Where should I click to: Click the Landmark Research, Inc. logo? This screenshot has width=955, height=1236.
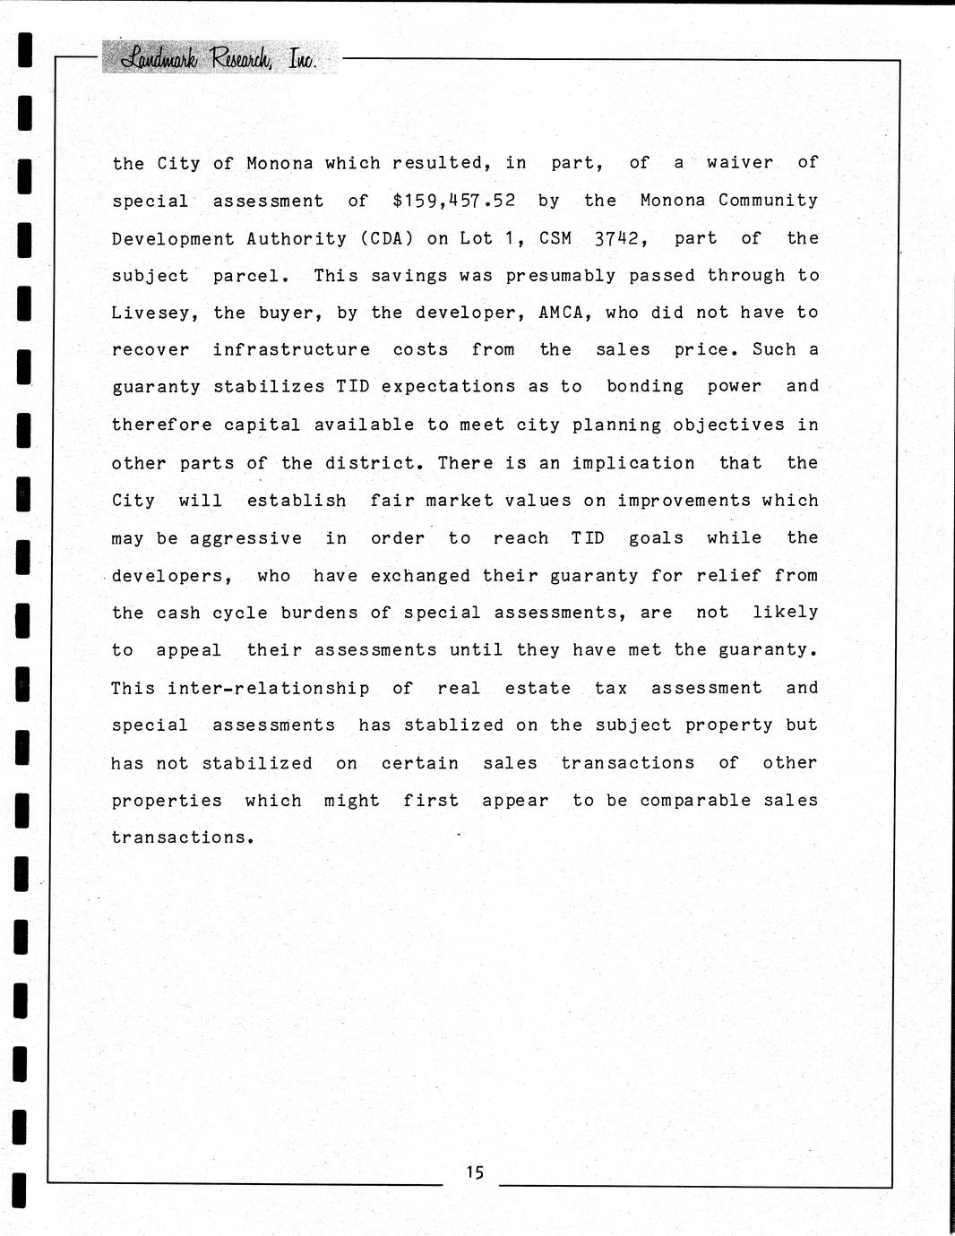219,58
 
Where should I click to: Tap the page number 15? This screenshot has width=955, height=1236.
474,1172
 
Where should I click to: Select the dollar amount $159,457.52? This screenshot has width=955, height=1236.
453,201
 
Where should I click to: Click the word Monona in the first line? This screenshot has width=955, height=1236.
280,163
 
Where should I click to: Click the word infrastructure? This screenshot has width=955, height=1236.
291,349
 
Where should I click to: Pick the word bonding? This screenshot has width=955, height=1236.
645,386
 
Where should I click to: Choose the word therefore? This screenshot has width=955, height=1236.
162,425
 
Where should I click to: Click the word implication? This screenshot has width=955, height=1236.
633,463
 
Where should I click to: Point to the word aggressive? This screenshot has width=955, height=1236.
245,538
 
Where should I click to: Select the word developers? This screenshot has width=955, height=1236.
172,576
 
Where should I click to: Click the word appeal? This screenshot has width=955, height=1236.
188,650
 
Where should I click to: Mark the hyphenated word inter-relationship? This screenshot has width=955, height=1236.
268,688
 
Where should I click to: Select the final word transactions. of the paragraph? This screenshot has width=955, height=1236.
183,837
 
